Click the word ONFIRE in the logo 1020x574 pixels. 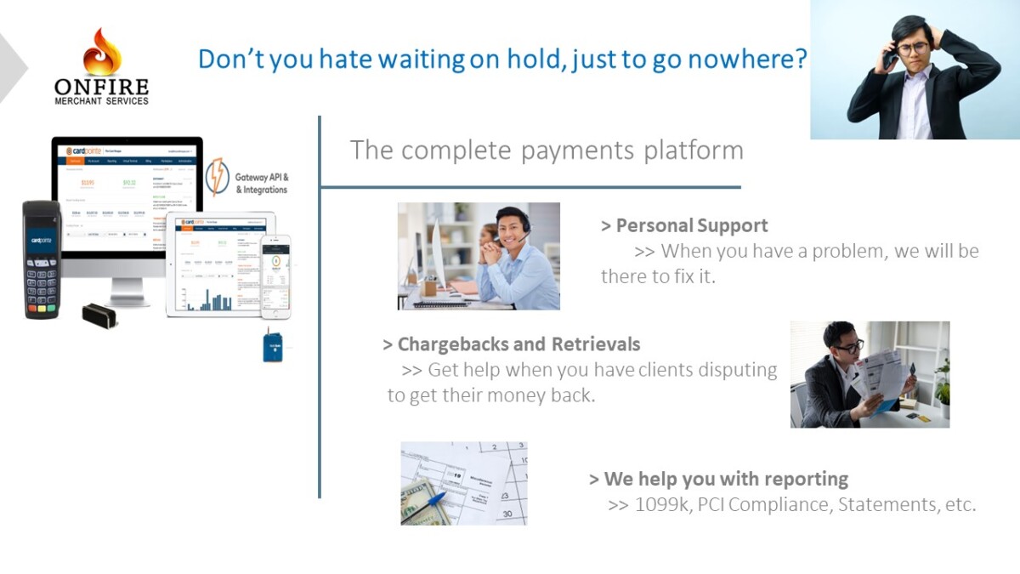[x=101, y=87]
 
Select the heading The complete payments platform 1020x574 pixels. [x=547, y=151]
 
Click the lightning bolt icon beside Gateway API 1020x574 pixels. [x=217, y=177]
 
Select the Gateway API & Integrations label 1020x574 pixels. [x=261, y=183]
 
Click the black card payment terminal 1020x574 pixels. [x=42, y=259]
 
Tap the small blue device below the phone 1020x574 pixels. [x=273, y=345]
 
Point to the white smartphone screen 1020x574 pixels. [x=275, y=276]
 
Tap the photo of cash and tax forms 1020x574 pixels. [x=463, y=483]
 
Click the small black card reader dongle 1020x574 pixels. [x=99, y=315]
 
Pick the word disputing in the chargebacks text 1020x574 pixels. [x=734, y=370]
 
